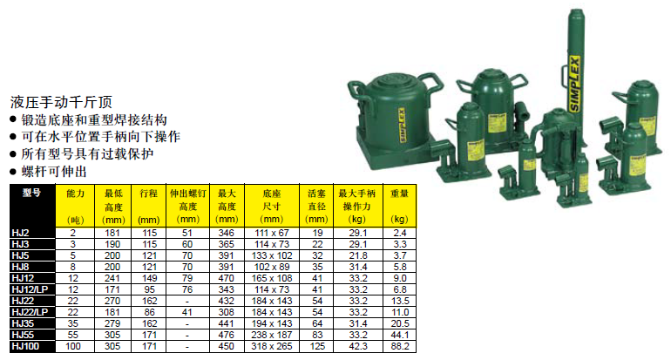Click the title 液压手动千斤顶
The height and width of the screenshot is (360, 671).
point(61,102)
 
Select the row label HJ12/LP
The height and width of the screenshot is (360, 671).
point(30,289)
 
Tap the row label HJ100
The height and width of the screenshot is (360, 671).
point(25,346)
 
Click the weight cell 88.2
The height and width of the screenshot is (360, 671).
point(400,346)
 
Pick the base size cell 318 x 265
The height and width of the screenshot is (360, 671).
point(272,346)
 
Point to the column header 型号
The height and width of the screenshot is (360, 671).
point(31,193)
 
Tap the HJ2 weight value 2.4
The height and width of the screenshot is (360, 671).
point(400,233)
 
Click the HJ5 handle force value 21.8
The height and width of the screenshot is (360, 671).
point(358,255)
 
